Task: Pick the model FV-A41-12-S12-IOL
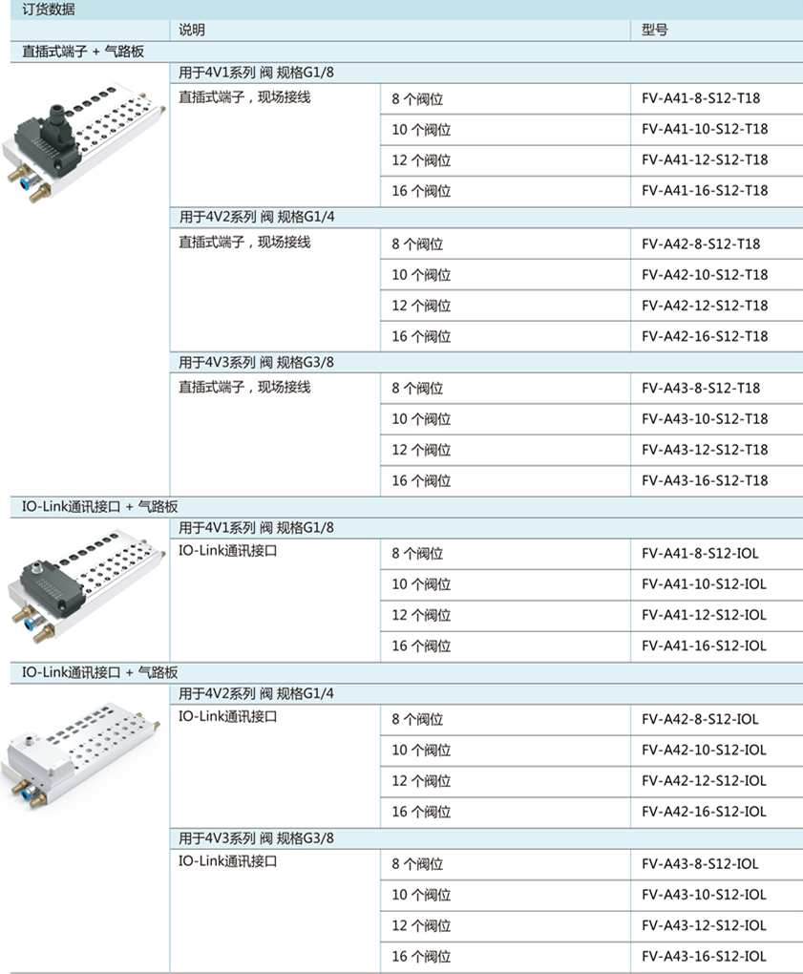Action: pyautogui.click(x=704, y=615)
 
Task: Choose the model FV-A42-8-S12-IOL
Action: pyautogui.click(x=700, y=719)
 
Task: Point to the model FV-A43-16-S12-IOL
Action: pyautogui.click(x=704, y=957)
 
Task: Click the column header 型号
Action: pyautogui.click(x=655, y=30)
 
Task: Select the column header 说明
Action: pyautogui.click(x=192, y=30)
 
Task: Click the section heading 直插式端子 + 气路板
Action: pyautogui.click(x=83, y=51)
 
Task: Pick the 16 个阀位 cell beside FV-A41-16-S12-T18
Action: pyautogui.click(x=421, y=191)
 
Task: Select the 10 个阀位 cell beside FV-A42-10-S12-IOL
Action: pyautogui.click(x=421, y=750)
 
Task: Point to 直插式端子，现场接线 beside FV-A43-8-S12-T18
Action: pyautogui.click(x=244, y=388)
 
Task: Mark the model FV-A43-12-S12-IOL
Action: pyautogui.click(x=704, y=925)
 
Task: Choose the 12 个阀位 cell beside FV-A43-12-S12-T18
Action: pyautogui.click(x=421, y=450)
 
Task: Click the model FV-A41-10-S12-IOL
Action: pyautogui.click(x=704, y=584)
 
